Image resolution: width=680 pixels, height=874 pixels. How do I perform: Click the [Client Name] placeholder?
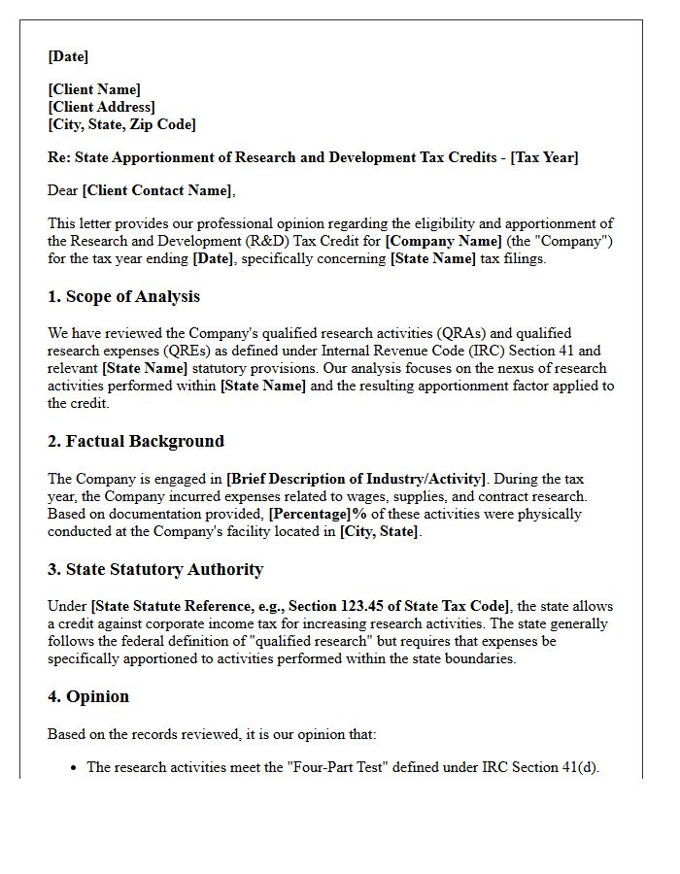click(94, 89)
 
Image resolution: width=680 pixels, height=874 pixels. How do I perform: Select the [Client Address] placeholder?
click(102, 107)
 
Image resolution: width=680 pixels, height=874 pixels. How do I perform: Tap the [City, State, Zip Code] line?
click(121, 124)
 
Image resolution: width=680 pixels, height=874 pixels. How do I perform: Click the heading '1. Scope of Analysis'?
click(124, 296)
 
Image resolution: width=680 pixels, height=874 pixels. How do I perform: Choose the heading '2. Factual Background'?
click(136, 441)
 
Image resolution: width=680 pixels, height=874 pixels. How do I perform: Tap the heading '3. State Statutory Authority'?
click(155, 569)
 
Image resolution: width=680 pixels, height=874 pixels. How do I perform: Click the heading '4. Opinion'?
click(88, 696)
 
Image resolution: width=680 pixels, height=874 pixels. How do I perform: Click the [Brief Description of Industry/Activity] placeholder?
click(355, 479)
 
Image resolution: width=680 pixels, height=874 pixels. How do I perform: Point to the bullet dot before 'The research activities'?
click(74, 767)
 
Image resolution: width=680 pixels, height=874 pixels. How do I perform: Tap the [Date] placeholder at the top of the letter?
click(68, 56)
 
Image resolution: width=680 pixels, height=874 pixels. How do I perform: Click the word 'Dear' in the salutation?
click(63, 190)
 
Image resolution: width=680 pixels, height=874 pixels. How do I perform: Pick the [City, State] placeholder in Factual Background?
click(380, 531)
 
